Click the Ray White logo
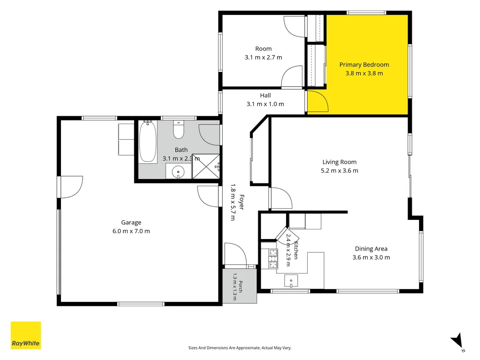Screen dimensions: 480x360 [26, 335]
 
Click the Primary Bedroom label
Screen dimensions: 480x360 [364, 65]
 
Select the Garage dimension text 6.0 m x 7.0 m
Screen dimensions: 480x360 [131, 231]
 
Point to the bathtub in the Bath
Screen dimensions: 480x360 [147, 141]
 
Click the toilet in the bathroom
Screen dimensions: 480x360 [179, 130]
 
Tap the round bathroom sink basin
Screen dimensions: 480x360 [178, 172]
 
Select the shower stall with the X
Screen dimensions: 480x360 [206, 167]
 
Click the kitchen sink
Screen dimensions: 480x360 [291, 281]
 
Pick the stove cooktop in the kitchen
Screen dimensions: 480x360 [273, 259]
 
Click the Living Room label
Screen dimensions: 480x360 [339, 162]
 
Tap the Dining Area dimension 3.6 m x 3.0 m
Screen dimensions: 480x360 [371, 257]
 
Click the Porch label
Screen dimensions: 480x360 [240, 287]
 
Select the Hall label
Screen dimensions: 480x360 [265, 96]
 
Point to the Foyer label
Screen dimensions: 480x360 [241, 202]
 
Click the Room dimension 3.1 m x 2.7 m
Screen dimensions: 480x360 [263, 57]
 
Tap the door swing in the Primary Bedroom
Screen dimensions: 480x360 [318, 101]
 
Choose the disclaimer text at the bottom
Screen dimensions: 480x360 [240, 348]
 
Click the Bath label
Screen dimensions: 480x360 [181, 150]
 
